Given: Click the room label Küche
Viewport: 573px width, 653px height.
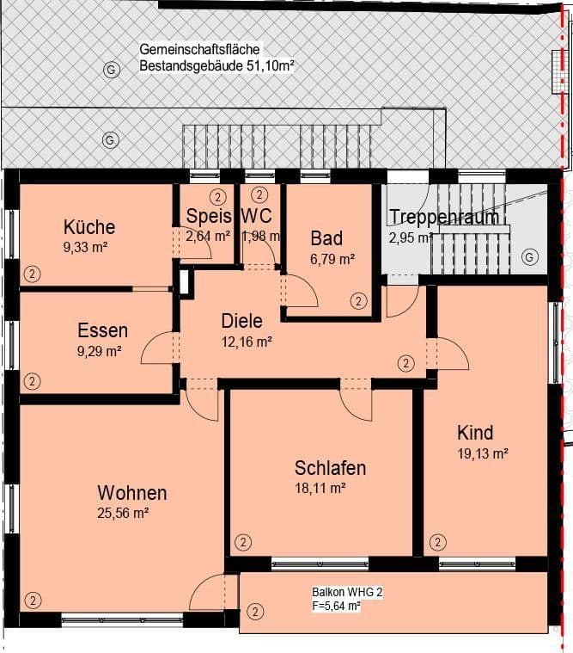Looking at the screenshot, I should pyautogui.click(x=88, y=227).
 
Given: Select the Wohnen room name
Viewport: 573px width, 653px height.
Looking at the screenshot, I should pyautogui.click(x=131, y=493).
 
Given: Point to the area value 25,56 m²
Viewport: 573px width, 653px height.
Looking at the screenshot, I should pyautogui.click(x=124, y=514).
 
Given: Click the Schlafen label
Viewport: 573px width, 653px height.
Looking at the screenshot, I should pyautogui.click(x=330, y=468).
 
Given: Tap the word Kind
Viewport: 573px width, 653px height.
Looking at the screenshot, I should pyautogui.click(x=475, y=432).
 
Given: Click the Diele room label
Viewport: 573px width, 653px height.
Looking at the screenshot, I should pyautogui.click(x=241, y=321).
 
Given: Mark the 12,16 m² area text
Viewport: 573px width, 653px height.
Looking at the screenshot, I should pyautogui.click(x=247, y=342).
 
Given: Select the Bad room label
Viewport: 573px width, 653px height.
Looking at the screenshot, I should pyautogui.click(x=326, y=238).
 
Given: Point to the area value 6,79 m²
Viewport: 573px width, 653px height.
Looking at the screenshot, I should pyautogui.click(x=332, y=258).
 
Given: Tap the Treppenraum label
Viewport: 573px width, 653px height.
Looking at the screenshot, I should pyautogui.click(x=443, y=217).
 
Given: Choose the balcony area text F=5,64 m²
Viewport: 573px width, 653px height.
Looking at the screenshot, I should pyautogui.click(x=336, y=606).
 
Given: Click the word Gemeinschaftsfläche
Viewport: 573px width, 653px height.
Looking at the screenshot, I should pyautogui.click(x=198, y=50).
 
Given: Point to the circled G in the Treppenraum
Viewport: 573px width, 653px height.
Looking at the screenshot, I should pyautogui.click(x=529, y=256).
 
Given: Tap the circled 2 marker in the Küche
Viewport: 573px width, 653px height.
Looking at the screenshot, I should pyautogui.click(x=32, y=274).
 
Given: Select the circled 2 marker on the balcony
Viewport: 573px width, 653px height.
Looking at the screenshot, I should pyautogui.click(x=254, y=613).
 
